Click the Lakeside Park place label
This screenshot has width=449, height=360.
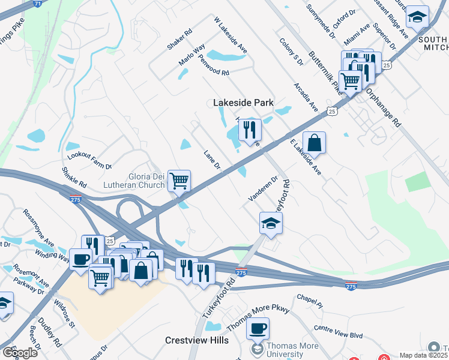pyautogui.click(x=243, y=103)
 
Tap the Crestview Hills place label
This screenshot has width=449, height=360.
pyautogui.click(x=197, y=340)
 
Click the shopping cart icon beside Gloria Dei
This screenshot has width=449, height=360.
pyautogui.click(x=179, y=180)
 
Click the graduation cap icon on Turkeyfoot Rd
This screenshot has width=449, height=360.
pyautogui.click(x=271, y=223)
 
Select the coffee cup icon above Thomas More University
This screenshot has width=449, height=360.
pyautogui.click(x=258, y=328)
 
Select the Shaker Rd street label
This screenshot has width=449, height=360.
pyautogui.click(x=179, y=38)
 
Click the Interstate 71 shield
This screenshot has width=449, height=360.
pyautogui.click(x=38, y=4)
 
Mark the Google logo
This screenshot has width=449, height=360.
pyautogui.click(x=19, y=353)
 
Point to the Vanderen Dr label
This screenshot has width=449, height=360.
pyautogui.click(x=263, y=188)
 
